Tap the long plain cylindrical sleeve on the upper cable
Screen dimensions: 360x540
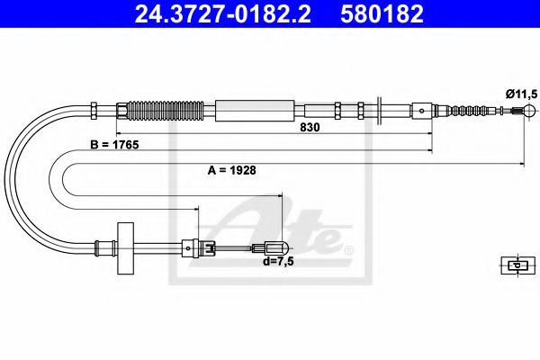(x=256, y=111)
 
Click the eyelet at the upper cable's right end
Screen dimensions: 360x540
(x=519, y=112)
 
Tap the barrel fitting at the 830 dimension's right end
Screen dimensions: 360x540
(x=423, y=112)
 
